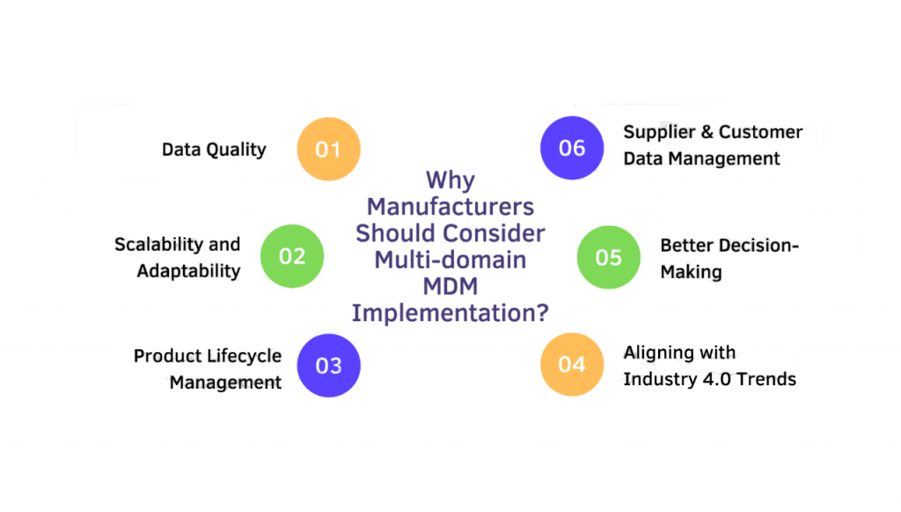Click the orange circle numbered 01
pos(328,149)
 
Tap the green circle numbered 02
pos(292,256)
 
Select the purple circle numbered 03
pos(328,364)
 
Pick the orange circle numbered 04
pos(571,364)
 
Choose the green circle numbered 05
pos(608,257)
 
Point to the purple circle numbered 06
pos(572,148)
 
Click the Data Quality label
pos(214,149)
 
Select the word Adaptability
pos(188,270)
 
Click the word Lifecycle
pos(245,355)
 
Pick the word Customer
pos(761,132)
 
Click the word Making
pos(691,272)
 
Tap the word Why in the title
pos(450,180)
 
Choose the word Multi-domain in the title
pos(450,260)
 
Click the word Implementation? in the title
pos(450,313)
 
